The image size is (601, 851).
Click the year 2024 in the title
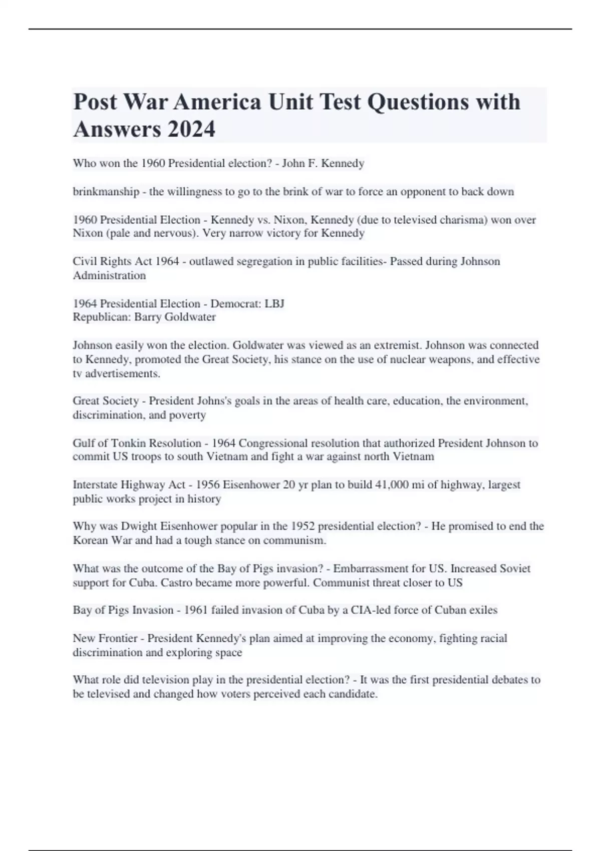191,129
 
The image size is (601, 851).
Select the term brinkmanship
106,192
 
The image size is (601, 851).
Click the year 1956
207,485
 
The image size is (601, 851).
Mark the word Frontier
118,638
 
